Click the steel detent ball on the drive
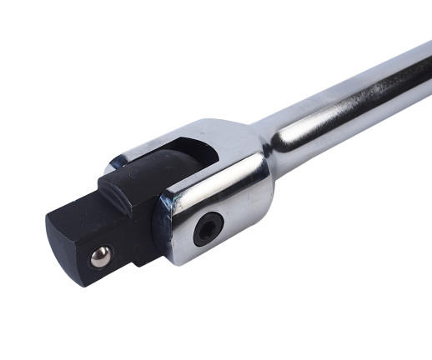point(101,257)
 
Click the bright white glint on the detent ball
point(98,254)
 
